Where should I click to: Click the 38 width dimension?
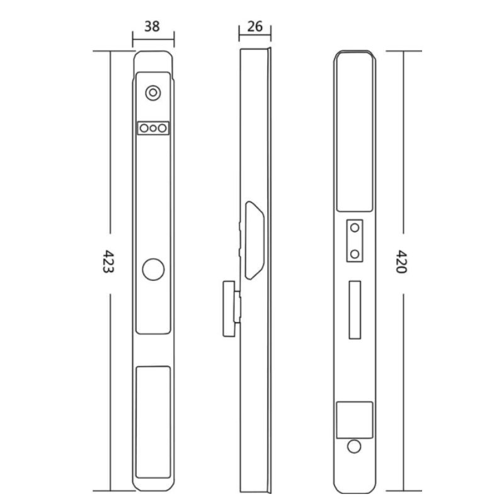152,26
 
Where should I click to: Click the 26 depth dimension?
255,26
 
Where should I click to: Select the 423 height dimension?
108,261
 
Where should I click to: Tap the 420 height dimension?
401,261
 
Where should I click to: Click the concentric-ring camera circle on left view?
153,93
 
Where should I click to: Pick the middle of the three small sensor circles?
153,129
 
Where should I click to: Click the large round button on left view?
153,270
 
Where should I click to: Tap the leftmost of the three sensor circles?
144,129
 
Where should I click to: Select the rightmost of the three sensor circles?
163,129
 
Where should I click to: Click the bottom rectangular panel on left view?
153,422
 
